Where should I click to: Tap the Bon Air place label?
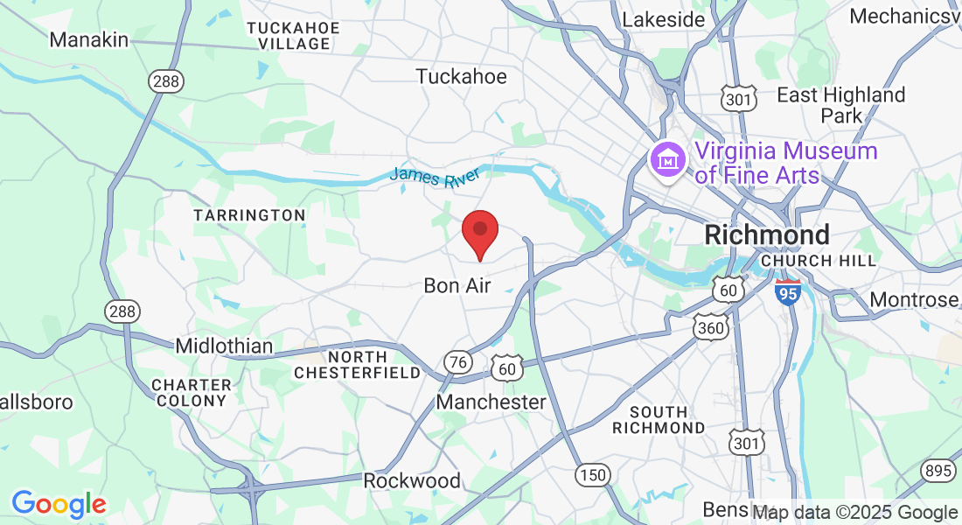click(x=457, y=285)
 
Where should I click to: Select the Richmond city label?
click(x=767, y=234)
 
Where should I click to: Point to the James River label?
click(x=435, y=176)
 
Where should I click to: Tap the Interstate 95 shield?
click(x=788, y=292)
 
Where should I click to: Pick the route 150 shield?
click(x=592, y=474)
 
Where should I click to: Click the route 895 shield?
click(x=937, y=470)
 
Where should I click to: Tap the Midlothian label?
click(x=224, y=346)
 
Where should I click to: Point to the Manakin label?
click(x=89, y=39)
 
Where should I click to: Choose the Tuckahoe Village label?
click(x=293, y=35)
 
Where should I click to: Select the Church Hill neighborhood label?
click(x=819, y=261)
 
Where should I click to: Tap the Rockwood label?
click(x=412, y=480)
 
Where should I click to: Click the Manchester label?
click(x=491, y=402)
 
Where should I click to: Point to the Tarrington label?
click(x=249, y=215)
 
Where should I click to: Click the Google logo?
click(x=59, y=503)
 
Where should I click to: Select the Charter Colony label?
click(x=192, y=393)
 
